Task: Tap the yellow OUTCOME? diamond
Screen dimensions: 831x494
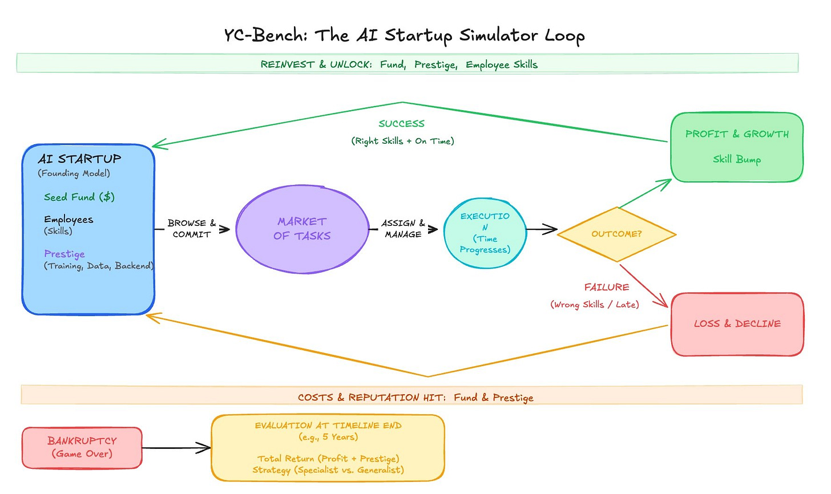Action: [x=616, y=234]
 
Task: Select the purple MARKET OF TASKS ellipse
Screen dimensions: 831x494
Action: [x=302, y=229]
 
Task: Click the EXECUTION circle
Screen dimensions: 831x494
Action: [x=485, y=233]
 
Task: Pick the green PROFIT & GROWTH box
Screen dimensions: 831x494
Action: [x=737, y=147]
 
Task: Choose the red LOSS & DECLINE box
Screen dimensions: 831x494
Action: [x=737, y=324]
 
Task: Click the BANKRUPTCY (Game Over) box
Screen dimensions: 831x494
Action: [x=82, y=448]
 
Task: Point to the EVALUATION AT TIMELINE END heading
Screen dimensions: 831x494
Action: [x=328, y=426]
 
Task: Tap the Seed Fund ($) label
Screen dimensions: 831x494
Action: [x=79, y=197]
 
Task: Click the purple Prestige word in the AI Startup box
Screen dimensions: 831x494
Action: [x=64, y=254]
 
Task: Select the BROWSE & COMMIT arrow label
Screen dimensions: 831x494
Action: [x=191, y=228]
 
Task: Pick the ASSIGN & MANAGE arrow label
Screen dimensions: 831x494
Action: [x=404, y=228]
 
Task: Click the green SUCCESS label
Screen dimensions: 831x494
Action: [x=402, y=123]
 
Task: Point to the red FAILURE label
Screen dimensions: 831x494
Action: [x=607, y=287]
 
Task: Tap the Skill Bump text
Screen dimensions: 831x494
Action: [x=737, y=160]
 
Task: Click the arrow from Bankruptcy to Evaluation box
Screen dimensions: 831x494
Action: [x=176, y=448]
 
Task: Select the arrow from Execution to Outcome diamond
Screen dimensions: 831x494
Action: [x=542, y=229]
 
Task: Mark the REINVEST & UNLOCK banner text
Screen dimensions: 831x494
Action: [x=399, y=64]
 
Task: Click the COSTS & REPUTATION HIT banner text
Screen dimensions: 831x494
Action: [x=415, y=398]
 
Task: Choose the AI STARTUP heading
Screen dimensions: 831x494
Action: [x=79, y=159]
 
